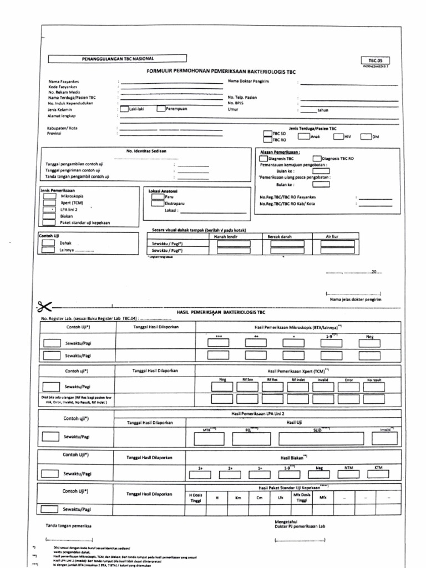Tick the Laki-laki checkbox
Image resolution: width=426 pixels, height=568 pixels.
tap(124, 109)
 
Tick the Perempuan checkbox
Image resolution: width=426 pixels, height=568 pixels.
tap(161, 109)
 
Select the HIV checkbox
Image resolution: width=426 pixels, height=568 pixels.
tap(338, 136)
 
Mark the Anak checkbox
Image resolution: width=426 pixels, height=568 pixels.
tap(303, 136)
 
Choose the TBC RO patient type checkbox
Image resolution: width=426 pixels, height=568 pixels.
tap(267, 141)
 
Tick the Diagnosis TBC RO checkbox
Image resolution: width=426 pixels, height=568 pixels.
tap(317, 159)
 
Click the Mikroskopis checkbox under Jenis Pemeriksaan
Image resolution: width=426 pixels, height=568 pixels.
tap(49, 197)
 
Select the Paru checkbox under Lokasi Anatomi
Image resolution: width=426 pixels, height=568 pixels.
tap(158, 197)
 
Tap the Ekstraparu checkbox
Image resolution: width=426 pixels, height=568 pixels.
tap(158, 204)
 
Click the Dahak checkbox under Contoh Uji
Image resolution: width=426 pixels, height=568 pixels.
tap(49, 243)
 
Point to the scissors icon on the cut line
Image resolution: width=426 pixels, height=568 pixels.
tap(44, 306)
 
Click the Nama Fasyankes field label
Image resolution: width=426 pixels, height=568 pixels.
tap(64, 82)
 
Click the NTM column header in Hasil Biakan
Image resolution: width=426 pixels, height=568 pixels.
tap(349, 468)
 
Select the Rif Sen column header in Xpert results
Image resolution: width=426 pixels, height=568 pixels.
tap(247, 379)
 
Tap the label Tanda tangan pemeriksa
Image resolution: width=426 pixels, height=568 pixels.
tap(68, 525)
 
